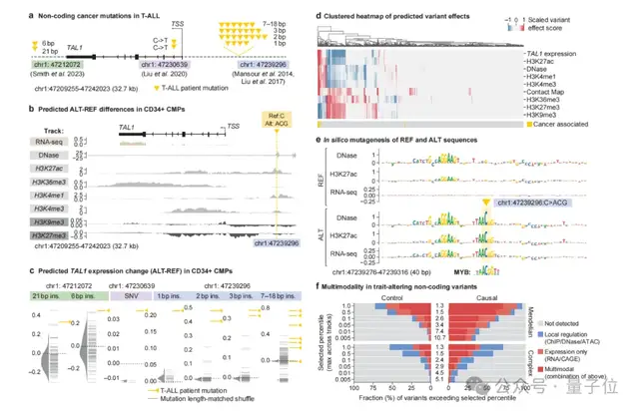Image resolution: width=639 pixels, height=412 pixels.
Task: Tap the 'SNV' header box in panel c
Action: pyautogui.click(x=147, y=269)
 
